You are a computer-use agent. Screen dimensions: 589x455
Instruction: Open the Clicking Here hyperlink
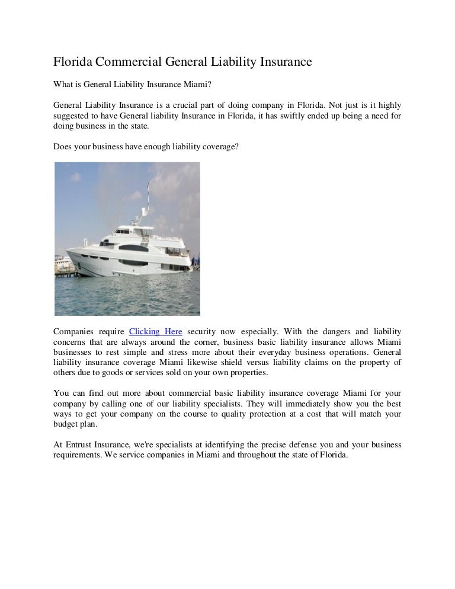click(x=155, y=331)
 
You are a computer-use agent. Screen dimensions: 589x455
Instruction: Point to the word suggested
click(x=71, y=116)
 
